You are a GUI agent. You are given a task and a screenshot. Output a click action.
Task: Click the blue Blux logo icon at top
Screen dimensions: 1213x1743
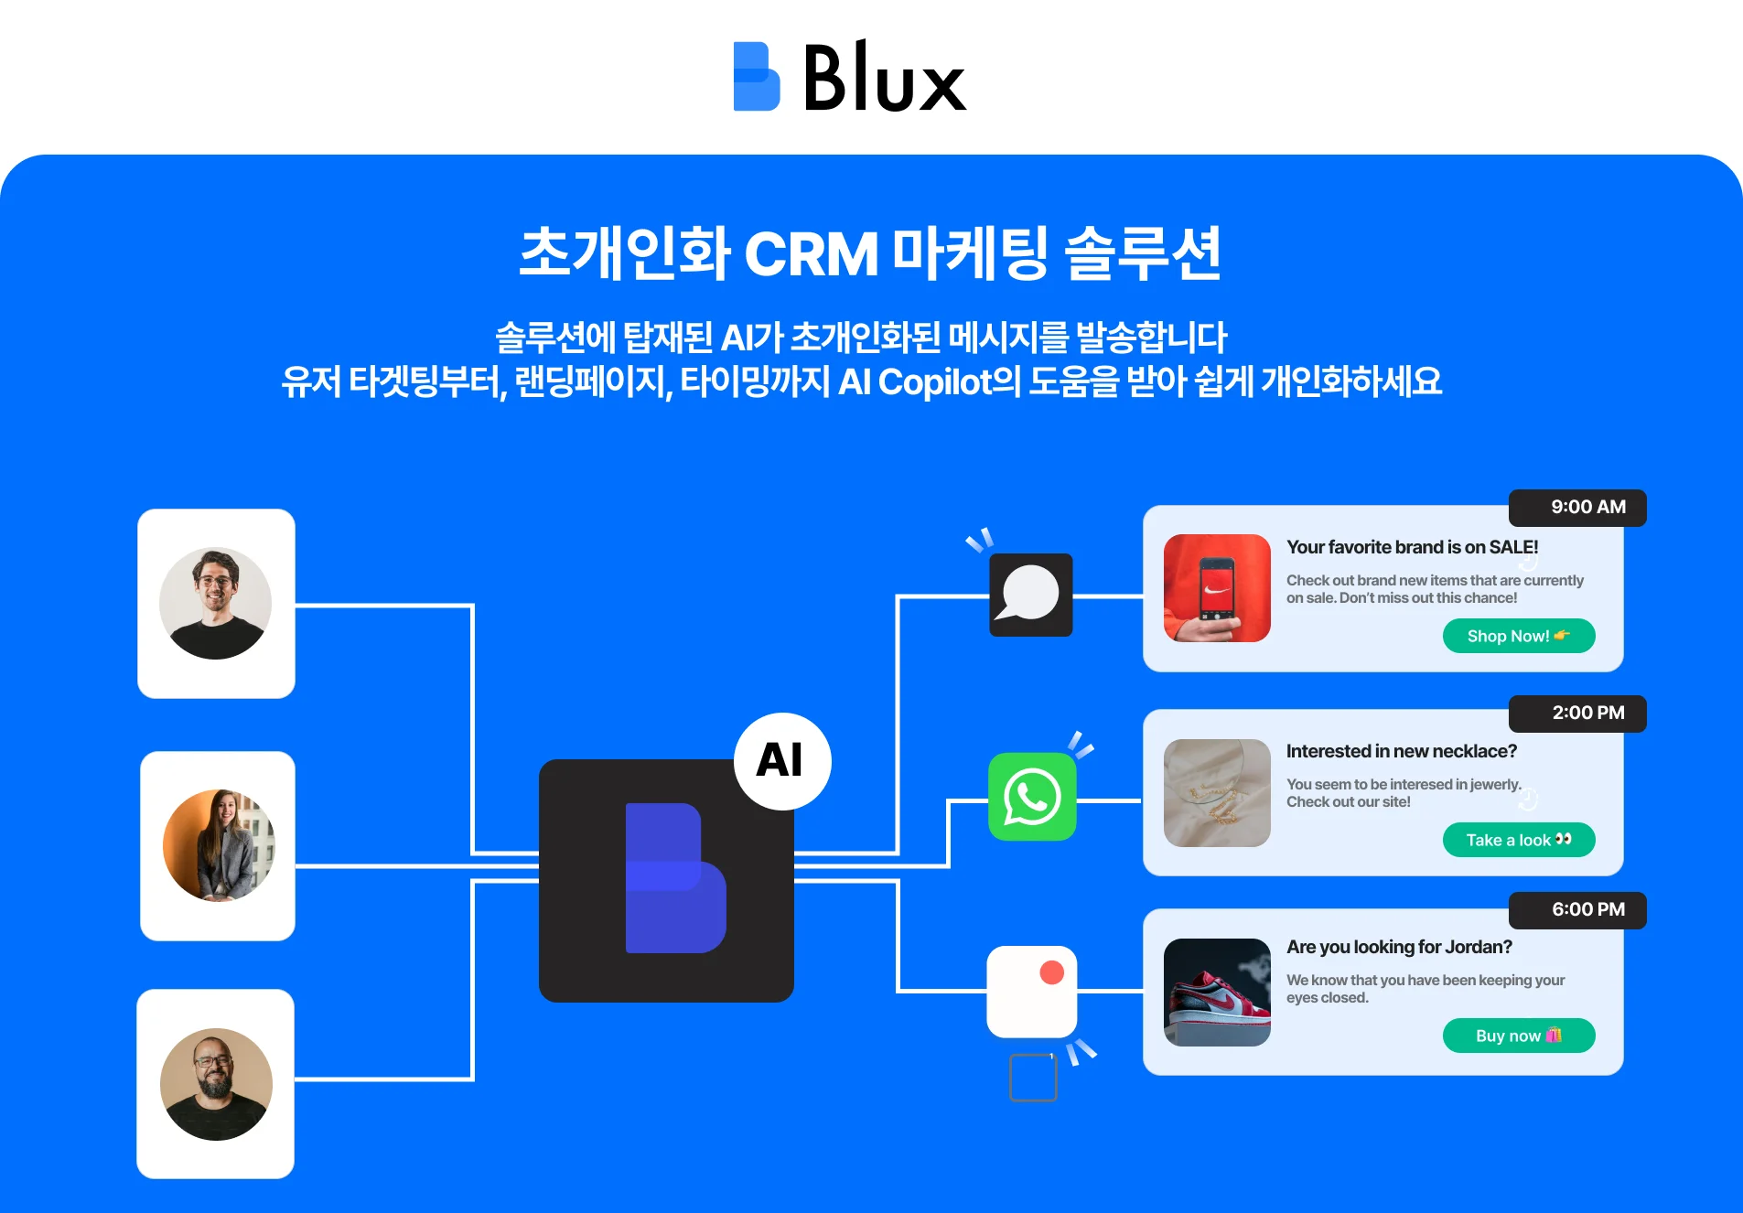(756, 77)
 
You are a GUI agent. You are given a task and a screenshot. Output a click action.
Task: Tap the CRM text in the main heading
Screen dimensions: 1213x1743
(811, 253)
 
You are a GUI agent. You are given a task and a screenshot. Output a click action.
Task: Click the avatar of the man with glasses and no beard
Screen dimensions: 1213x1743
(216, 604)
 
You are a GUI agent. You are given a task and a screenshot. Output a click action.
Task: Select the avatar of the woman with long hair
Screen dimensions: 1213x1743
(219, 846)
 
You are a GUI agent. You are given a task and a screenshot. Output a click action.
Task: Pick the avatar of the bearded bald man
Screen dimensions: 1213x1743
(216, 1084)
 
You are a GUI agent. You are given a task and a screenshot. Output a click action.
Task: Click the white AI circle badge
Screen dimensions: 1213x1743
(781, 761)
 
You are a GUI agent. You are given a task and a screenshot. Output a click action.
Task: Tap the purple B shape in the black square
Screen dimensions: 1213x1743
(674, 879)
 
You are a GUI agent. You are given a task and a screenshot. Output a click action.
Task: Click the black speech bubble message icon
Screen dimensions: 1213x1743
(1030, 595)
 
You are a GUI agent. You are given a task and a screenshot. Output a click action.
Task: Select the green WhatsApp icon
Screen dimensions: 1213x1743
(1032, 797)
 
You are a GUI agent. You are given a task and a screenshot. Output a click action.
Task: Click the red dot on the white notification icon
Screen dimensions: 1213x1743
(1051, 972)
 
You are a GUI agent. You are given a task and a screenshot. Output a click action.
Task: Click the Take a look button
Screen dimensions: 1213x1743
(1518, 840)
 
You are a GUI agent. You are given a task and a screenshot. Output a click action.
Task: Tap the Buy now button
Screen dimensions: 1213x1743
(1518, 1036)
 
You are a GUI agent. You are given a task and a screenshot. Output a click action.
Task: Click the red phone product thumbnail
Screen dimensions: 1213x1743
(1216, 588)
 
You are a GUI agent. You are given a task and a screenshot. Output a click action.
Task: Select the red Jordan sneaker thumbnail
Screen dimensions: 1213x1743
(1216, 993)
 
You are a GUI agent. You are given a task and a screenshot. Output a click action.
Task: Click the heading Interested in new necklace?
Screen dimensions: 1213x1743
(1401, 751)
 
